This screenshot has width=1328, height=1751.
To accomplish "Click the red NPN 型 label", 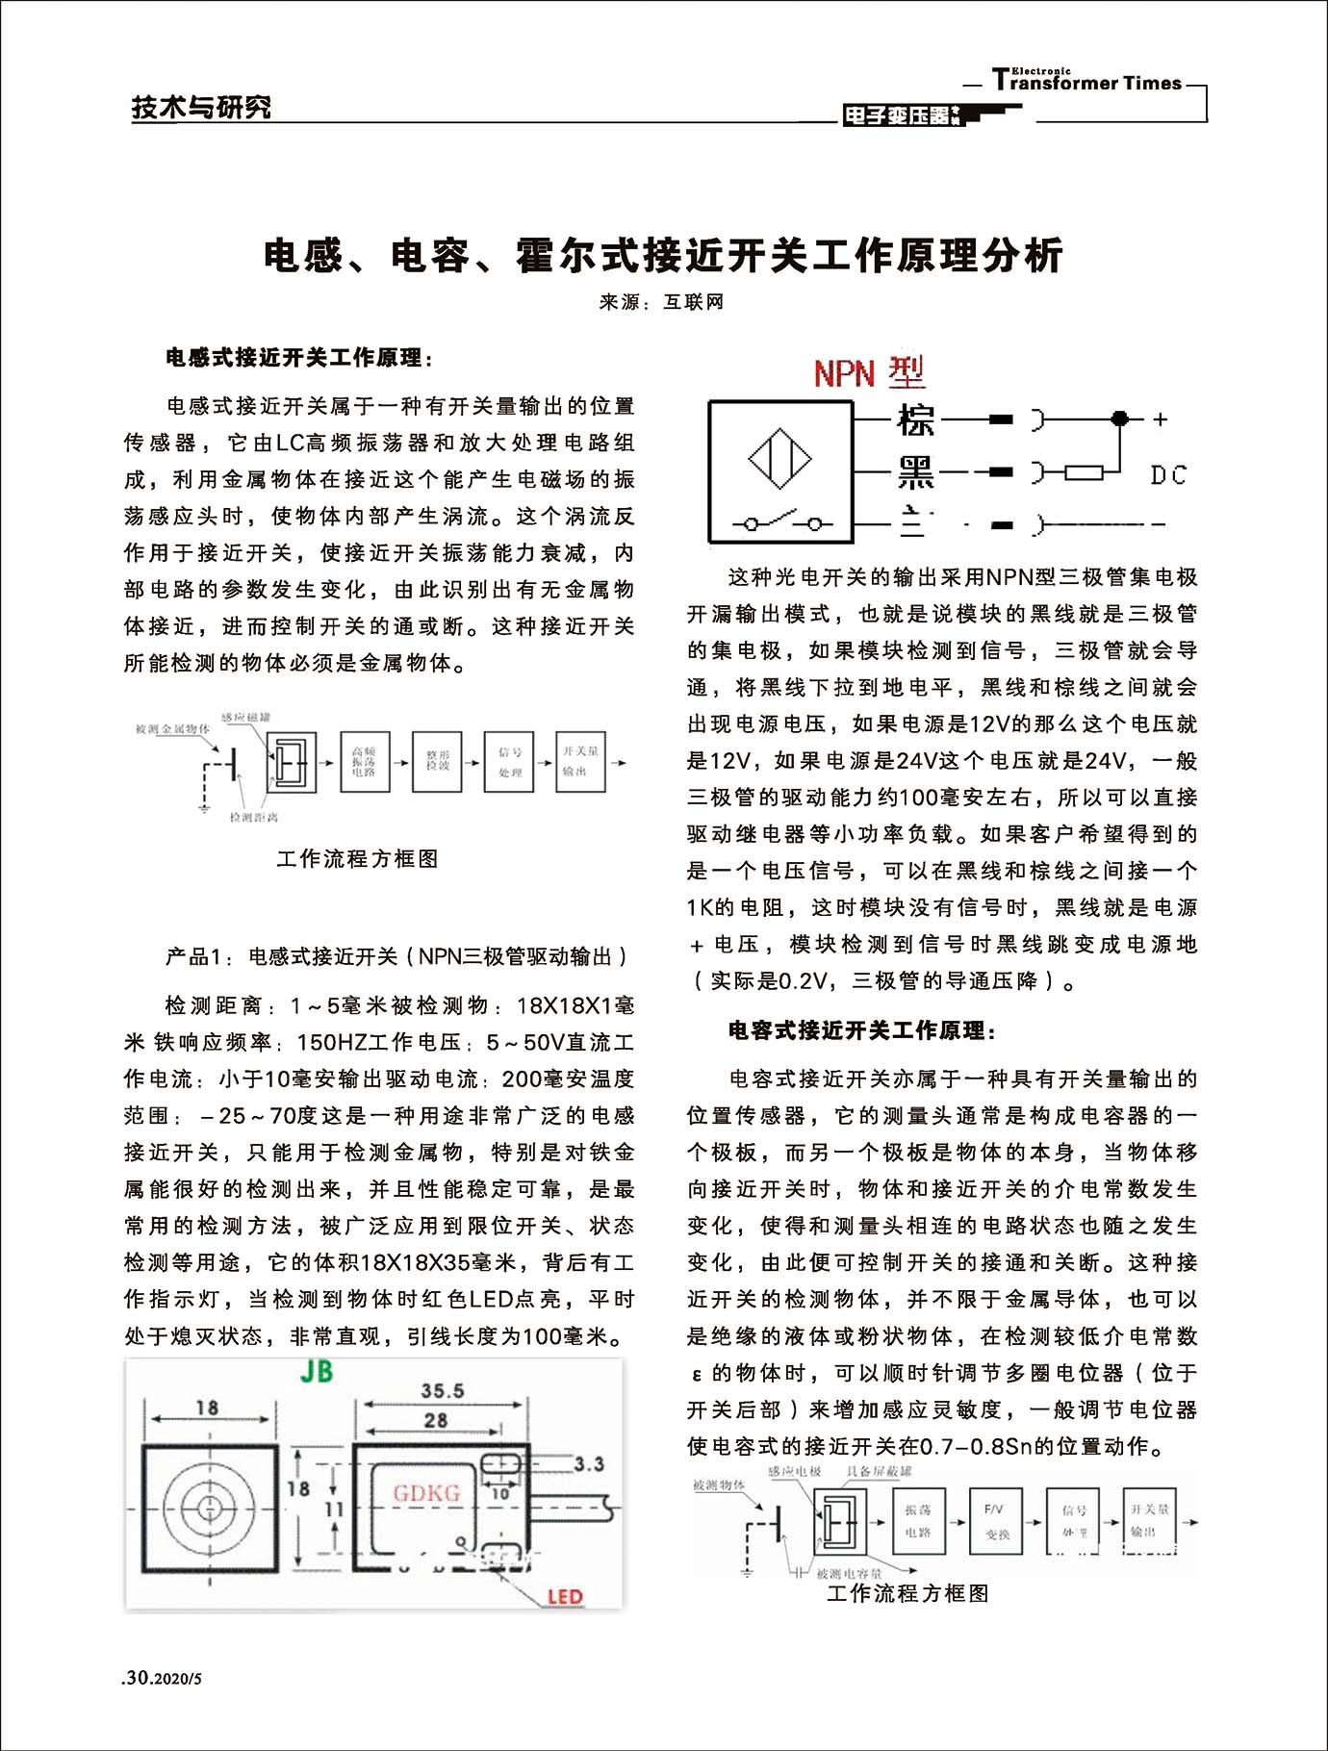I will coord(868,372).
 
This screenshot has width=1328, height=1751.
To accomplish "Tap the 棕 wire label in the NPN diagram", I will coord(915,420).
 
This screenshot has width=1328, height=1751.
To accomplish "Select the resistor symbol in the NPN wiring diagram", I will coord(1084,472).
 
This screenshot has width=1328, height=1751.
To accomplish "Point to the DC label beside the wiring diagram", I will coord(1168,475).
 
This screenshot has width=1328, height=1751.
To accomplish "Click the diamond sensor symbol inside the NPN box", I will coord(779,458).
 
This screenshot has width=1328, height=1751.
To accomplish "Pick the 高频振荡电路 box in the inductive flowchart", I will coord(365,762).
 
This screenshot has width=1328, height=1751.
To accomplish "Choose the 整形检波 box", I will coord(437,762).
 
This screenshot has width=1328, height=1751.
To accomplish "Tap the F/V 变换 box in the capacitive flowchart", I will coord(995,1521).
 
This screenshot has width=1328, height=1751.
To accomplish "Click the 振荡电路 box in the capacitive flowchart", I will coord(917,1521).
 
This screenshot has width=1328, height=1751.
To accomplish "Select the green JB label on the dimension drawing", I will coord(317,1371).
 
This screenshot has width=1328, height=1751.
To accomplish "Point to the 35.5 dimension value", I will coord(442,1390).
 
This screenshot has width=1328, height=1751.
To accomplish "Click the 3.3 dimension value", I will coord(589,1463).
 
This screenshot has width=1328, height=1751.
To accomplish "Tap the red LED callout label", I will coord(565,1597).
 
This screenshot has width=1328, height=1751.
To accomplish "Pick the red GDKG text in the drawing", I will coord(426,1493).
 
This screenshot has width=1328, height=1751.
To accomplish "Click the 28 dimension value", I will coord(436,1420).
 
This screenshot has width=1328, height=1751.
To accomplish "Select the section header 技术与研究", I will coord(201,108).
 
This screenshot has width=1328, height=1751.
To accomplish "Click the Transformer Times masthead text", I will coord(1087,82).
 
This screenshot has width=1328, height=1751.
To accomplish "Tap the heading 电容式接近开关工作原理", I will coord(861,1030).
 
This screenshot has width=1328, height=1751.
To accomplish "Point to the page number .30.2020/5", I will coord(163,1678).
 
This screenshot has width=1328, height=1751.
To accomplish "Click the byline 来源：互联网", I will coord(661,302).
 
